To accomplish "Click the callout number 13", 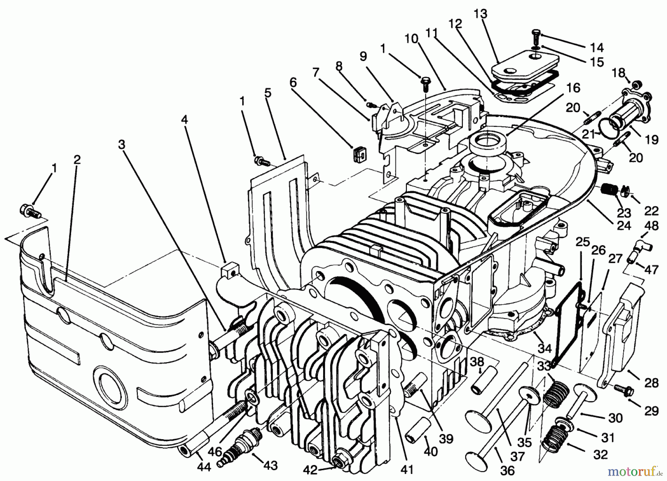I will point(481,14).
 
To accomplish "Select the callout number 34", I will point(545,348).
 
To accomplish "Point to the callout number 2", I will point(77,160).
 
